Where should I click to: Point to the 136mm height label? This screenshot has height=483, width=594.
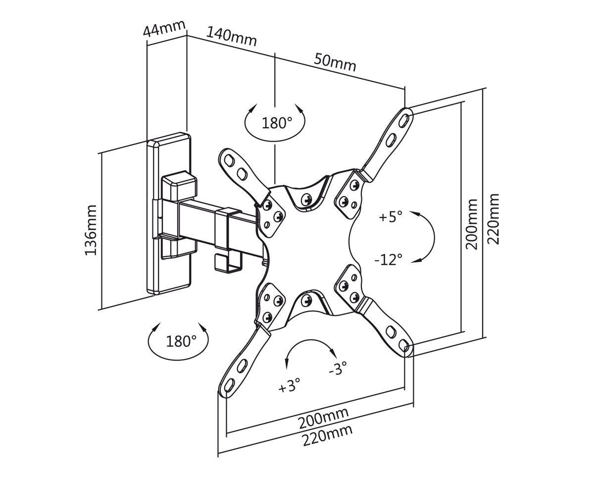(x=91, y=230)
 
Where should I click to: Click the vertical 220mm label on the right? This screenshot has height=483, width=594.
(x=493, y=219)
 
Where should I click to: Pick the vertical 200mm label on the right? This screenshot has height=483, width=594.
(x=471, y=224)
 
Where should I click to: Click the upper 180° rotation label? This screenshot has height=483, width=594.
(x=277, y=123)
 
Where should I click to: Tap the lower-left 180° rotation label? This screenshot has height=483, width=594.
(x=181, y=341)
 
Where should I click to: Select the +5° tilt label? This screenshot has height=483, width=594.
(x=391, y=216)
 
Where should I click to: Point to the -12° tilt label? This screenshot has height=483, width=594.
(x=389, y=260)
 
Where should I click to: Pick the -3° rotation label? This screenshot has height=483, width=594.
(x=338, y=368)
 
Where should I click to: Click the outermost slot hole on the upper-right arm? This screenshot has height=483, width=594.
(x=403, y=119)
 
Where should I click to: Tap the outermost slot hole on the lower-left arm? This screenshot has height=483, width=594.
(x=229, y=384)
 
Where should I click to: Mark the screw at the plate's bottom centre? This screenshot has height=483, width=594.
(x=307, y=300)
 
